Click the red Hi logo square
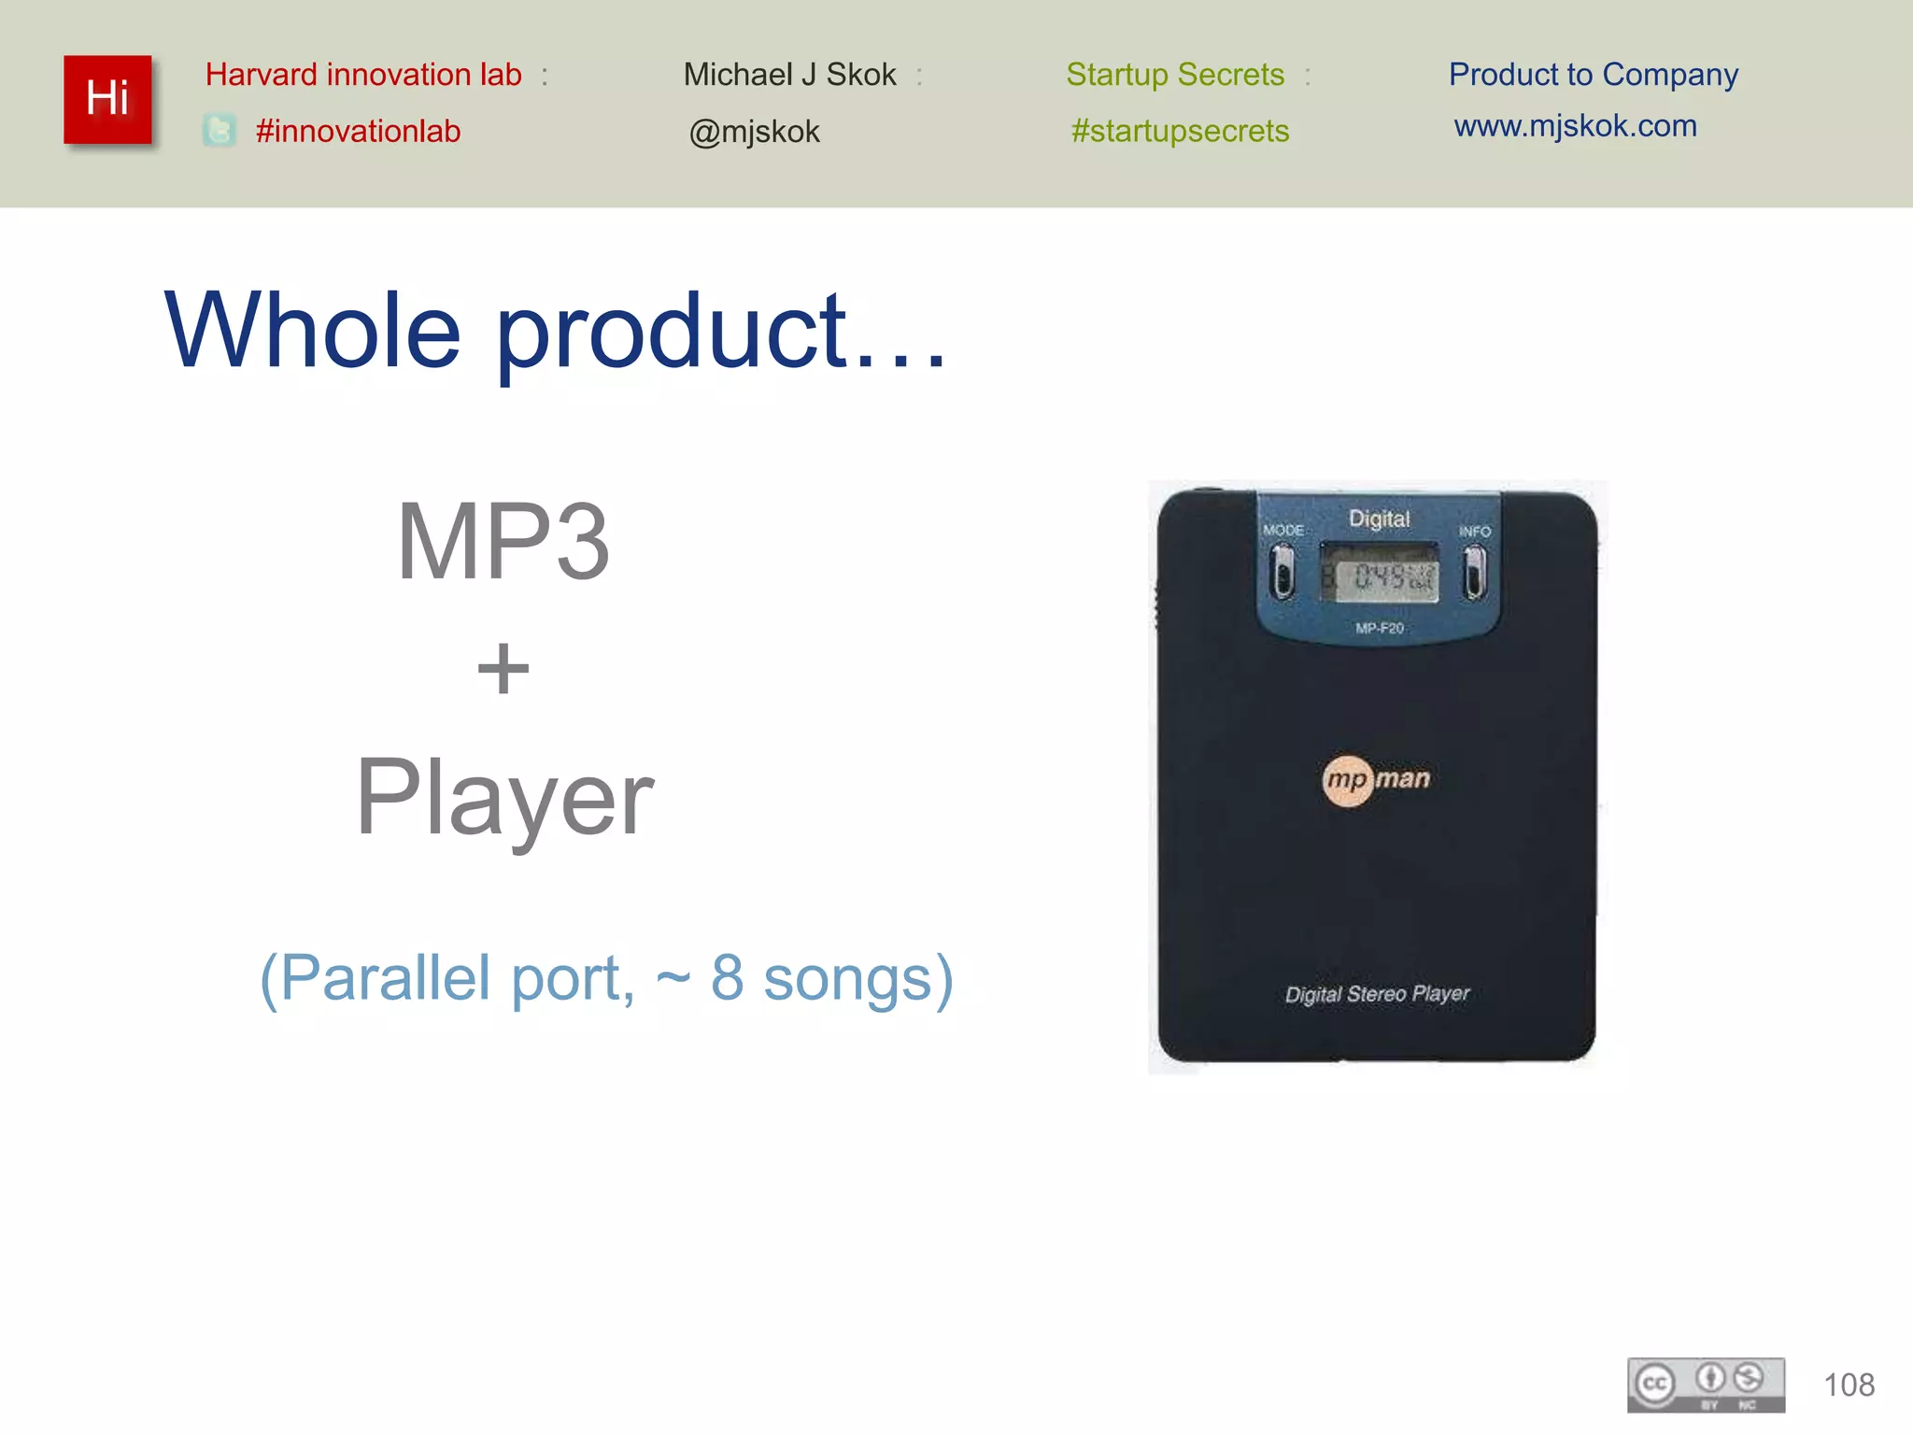click(107, 99)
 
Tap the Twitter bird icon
click(220, 130)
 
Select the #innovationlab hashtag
click(358, 131)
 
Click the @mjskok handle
click(754, 132)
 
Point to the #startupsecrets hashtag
click(1180, 131)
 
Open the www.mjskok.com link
click(1575, 126)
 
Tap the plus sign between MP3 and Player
click(503, 669)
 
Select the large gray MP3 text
click(503, 542)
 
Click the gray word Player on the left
click(504, 798)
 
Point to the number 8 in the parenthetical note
click(728, 978)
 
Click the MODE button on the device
click(1282, 571)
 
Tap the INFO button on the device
click(1475, 571)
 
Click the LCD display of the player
click(1379, 575)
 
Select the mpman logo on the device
click(1377, 779)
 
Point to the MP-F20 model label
click(1380, 628)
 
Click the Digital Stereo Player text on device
click(1377, 994)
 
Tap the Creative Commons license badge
click(1706, 1385)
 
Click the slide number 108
click(1849, 1385)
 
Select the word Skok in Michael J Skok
click(861, 75)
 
